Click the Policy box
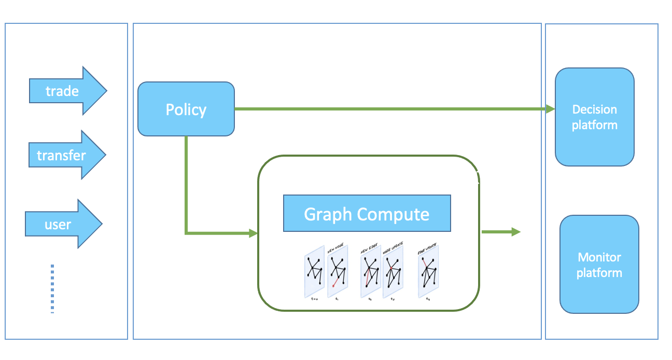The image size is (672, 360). [186, 109]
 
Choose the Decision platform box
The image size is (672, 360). [594, 117]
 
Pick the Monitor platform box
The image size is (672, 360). [599, 265]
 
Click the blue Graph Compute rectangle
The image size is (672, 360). [367, 213]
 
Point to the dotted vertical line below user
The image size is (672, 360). [52, 288]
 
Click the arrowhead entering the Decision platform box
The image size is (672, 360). [551, 109]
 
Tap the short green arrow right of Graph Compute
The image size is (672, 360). [500, 232]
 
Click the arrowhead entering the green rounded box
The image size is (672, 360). [253, 233]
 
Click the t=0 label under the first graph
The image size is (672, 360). [314, 299]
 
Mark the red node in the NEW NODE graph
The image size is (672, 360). [334, 286]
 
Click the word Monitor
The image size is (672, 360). [599, 257]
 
